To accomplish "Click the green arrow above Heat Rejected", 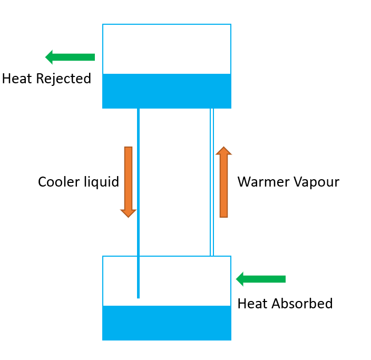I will coord(70,57).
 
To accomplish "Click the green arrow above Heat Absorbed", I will coord(261,279).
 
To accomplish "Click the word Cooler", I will coord(55,182).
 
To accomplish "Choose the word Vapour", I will coord(315,182).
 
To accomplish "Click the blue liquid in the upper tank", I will coord(167,91).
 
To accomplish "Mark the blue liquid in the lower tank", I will coord(167,323).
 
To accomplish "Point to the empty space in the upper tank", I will coord(167,49).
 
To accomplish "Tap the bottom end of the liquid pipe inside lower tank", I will coord(138,296).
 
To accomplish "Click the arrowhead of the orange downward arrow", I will coord(128,213).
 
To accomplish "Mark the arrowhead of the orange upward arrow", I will coord(223,151).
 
